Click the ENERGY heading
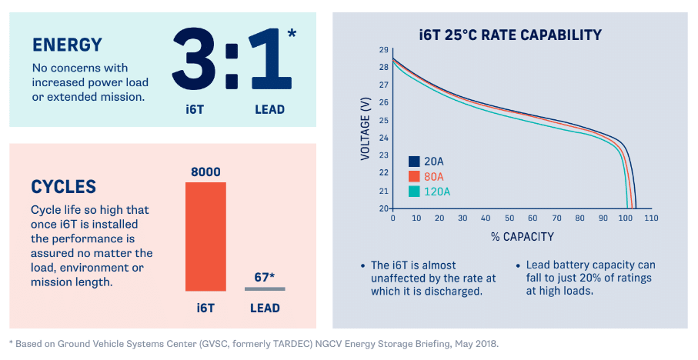67,45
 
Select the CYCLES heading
63,187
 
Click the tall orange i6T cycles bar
205,236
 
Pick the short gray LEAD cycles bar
265,288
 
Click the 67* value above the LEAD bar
266,277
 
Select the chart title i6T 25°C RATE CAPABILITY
510,35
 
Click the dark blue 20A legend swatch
414,162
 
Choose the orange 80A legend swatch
414,176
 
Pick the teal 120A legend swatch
414,191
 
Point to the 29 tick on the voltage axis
383,50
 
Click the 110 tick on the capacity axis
651,218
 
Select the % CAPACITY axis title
522,236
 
